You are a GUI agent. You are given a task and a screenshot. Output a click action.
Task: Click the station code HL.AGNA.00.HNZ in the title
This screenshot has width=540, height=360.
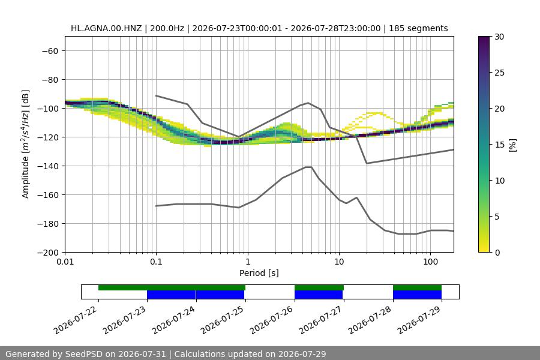106,28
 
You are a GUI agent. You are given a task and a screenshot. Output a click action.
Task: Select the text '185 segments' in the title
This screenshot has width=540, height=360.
418,28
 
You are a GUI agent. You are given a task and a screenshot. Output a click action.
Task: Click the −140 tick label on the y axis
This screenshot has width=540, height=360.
51,166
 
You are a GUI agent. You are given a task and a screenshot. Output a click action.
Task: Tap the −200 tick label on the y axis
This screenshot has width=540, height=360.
51,253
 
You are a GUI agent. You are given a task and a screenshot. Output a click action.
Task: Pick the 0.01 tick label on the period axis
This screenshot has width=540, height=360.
65,262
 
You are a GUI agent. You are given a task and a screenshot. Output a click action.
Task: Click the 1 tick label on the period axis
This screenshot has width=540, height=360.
248,262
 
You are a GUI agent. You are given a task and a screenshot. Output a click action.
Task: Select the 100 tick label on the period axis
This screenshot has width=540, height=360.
430,262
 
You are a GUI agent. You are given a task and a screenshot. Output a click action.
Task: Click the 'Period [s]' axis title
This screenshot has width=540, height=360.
259,273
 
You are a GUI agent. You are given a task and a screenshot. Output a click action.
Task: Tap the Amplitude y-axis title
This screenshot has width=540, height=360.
25,145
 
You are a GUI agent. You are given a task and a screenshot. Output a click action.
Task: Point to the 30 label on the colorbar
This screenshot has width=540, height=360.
499,37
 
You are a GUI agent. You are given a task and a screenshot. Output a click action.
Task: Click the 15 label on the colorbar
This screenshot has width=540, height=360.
499,145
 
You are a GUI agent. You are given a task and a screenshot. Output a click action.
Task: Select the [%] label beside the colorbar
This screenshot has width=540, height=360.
513,145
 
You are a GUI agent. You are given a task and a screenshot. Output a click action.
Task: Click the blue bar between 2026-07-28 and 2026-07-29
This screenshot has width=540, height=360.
418,295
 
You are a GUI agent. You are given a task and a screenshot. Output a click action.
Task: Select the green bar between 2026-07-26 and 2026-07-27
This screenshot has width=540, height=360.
319,287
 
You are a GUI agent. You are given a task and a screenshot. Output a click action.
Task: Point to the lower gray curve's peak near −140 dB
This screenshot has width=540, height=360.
308,167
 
